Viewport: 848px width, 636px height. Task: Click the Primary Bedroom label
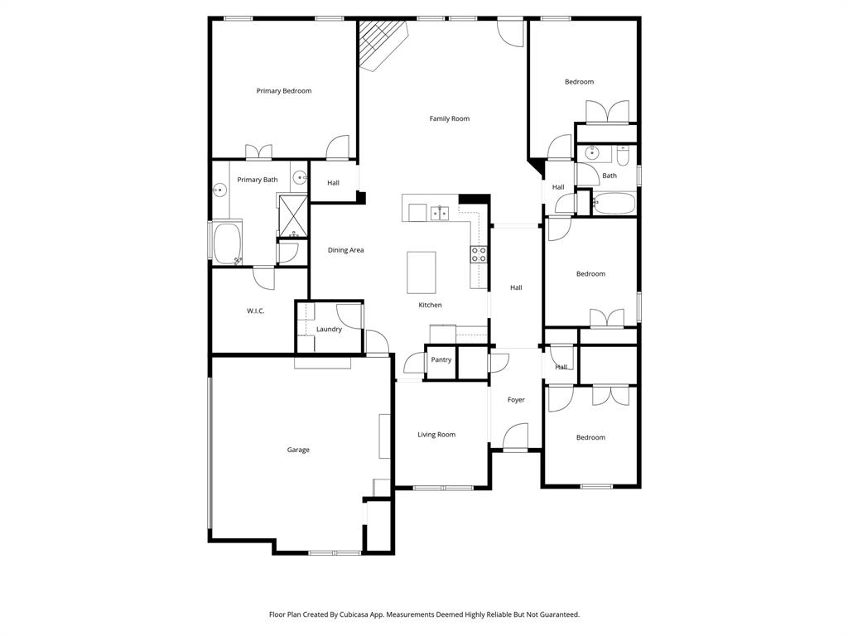(284, 91)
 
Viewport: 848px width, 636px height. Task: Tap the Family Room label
(449, 118)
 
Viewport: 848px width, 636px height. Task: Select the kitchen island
(421, 272)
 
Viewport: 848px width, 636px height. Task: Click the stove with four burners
(479, 254)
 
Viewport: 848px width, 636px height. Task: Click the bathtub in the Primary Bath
(227, 242)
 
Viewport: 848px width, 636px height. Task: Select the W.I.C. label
(255, 311)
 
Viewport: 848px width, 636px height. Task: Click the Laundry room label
(329, 330)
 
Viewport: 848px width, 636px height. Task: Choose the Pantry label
(441, 360)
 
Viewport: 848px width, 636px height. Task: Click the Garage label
(298, 450)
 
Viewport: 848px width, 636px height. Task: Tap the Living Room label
(436, 435)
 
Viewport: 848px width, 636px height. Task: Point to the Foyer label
(516, 400)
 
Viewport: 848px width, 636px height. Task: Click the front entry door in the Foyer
(515, 439)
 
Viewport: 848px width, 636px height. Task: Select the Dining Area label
(345, 250)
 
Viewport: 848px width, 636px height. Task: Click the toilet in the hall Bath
(624, 154)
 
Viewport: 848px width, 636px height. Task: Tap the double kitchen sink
(439, 213)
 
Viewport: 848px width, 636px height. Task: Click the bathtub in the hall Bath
(614, 204)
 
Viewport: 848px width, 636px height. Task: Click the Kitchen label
(430, 305)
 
